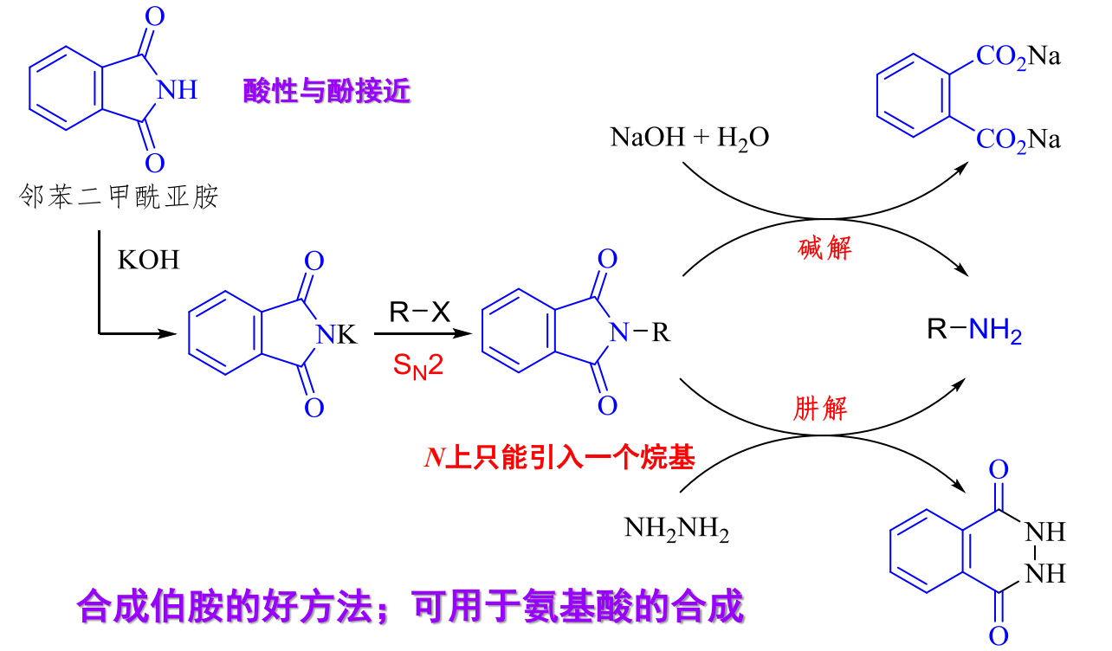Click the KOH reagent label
(x=149, y=260)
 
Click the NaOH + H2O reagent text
(x=689, y=138)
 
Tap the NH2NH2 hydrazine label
(x=676, y=528)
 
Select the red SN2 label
(x=417, y=365)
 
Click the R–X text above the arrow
(x=420, y=313)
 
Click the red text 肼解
(x=819, y=408)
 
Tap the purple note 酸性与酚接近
(x=326, y=91)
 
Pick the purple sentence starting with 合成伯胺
(x=411, y=606)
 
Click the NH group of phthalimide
(x=180, y=90)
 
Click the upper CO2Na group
(x=1018, y=58)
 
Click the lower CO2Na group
(x=1018, y=139)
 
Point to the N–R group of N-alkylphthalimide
(x=641, y=332)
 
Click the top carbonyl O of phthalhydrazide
(x=999, y=471)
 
